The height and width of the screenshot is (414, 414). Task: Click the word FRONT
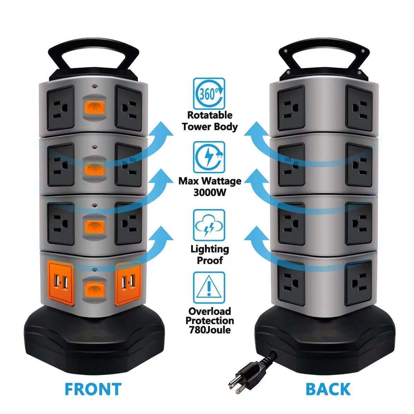(x=93, y=389)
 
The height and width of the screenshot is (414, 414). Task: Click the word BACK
(x=328, y=389)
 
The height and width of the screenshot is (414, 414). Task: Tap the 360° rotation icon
(x=209, y=93)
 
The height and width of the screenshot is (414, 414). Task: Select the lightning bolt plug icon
(x=209, y=157)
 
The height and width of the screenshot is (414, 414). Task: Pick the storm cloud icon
(x=209, y=225)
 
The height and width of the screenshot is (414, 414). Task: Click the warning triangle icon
(x=209, y=287)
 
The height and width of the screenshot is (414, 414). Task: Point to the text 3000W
(x=210, y=192)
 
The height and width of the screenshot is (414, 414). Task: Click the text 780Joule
(x=210, y=330)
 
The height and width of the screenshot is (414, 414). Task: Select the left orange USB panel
(x=61, y=284)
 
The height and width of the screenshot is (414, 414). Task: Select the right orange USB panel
(x=128, y=284)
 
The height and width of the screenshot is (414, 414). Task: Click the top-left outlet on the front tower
(x=61, y=108)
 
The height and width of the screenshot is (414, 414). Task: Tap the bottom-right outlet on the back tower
(x=359, y=283)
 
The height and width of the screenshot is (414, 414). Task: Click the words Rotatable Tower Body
(x=210, y=121)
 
